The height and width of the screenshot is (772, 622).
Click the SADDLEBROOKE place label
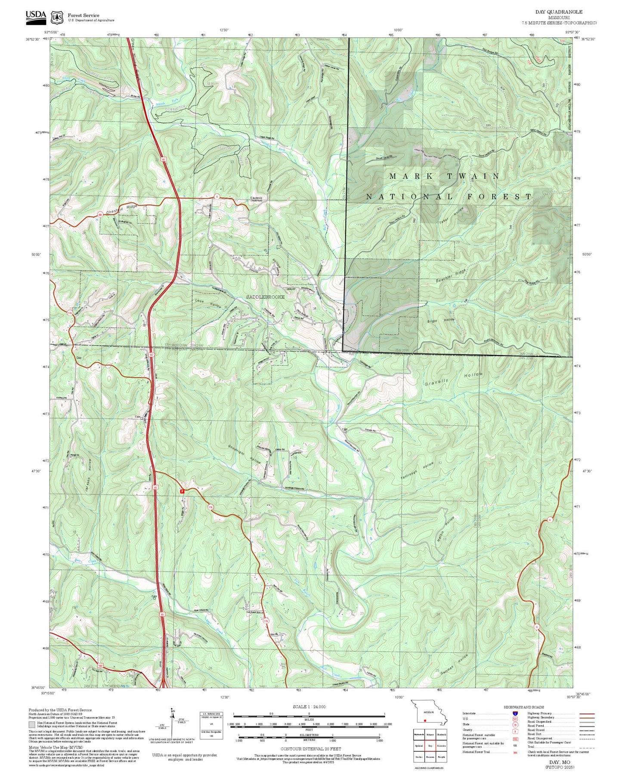coord(265,297)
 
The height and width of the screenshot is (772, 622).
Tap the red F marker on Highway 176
coord(182,491)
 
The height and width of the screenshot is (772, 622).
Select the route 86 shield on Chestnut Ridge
coord(100,214)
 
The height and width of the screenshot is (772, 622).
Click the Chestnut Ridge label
coord(122,210)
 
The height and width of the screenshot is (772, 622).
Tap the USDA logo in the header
coord(36,16)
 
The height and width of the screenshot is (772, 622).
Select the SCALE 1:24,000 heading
coord(309,707)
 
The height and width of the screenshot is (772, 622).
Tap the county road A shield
coord(217,196)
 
